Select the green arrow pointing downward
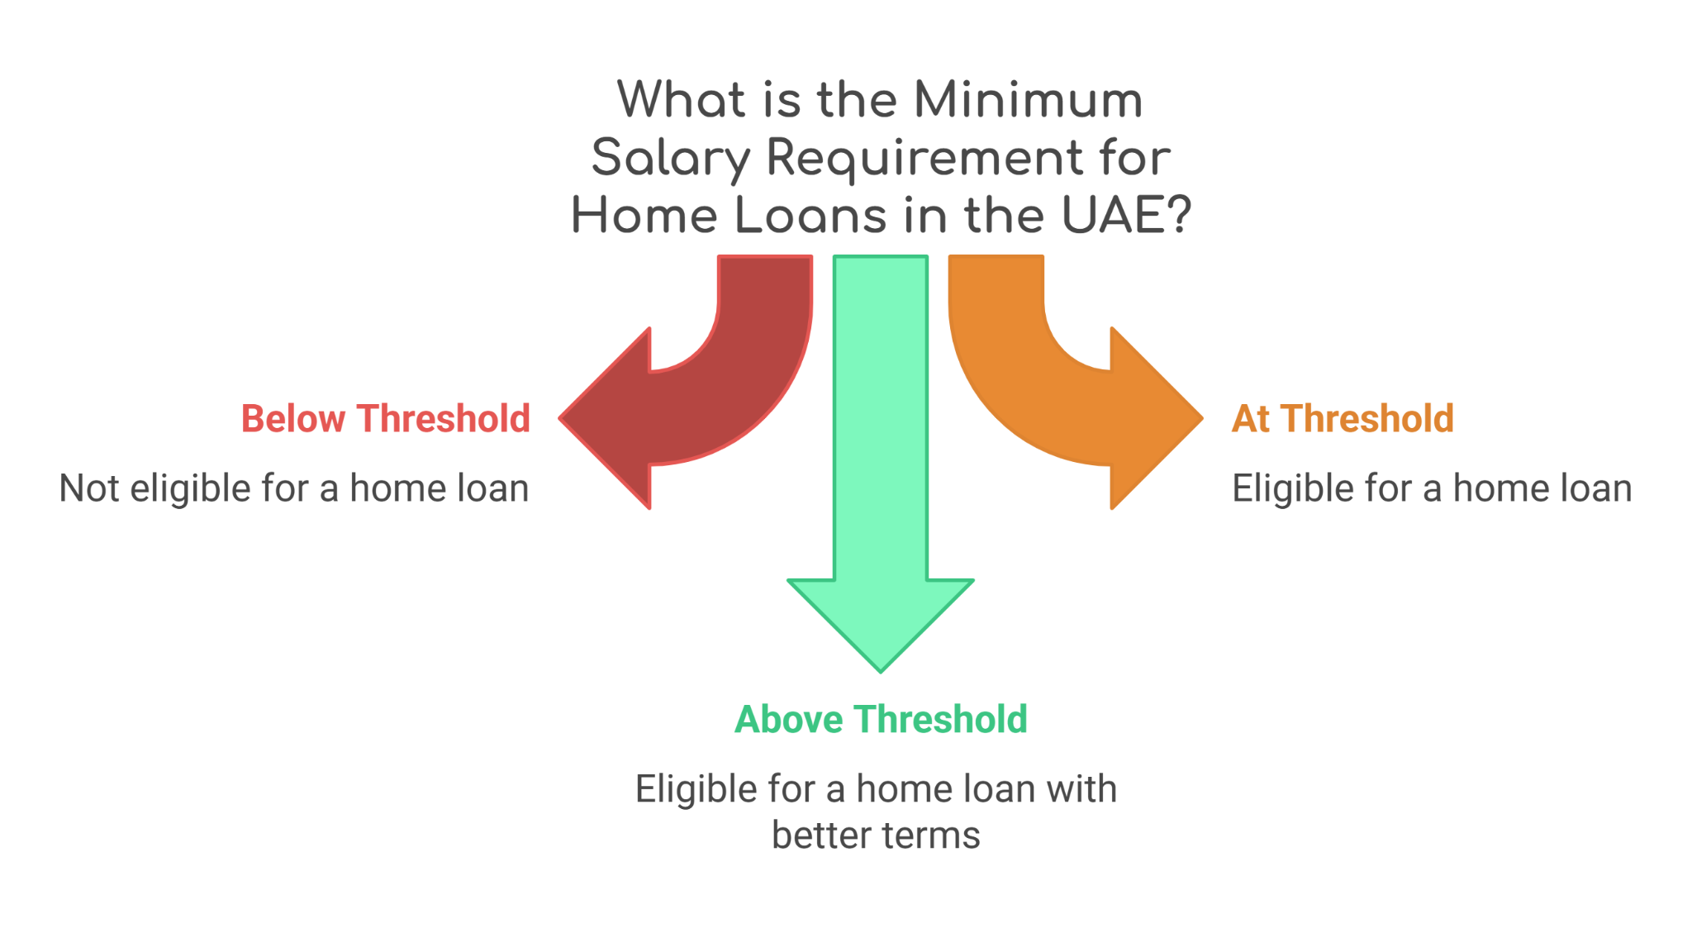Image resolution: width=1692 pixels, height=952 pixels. click(x=881, y=463)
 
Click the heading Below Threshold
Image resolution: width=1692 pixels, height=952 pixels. click(x=385, y=419)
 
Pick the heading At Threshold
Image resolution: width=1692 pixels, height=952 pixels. click(x=1343, y=419)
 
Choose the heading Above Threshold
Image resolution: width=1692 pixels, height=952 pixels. click(x=881, y=719)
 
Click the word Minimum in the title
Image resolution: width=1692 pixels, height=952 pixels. click(x=1028, y=100)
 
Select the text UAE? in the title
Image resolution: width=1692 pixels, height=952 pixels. click(x=1126, y=216)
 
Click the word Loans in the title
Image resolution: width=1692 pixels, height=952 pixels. click(x=810, y=216)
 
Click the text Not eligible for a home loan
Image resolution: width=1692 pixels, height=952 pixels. click(x=294, y=488)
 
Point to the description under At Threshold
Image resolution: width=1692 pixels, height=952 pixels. click(x=1432, y=488)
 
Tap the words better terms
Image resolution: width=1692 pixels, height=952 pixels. click(x=876, y=835)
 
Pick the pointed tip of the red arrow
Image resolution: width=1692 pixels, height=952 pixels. click(x=560, y=418)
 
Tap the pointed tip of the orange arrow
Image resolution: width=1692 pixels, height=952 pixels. click(x=1202, y=418)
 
